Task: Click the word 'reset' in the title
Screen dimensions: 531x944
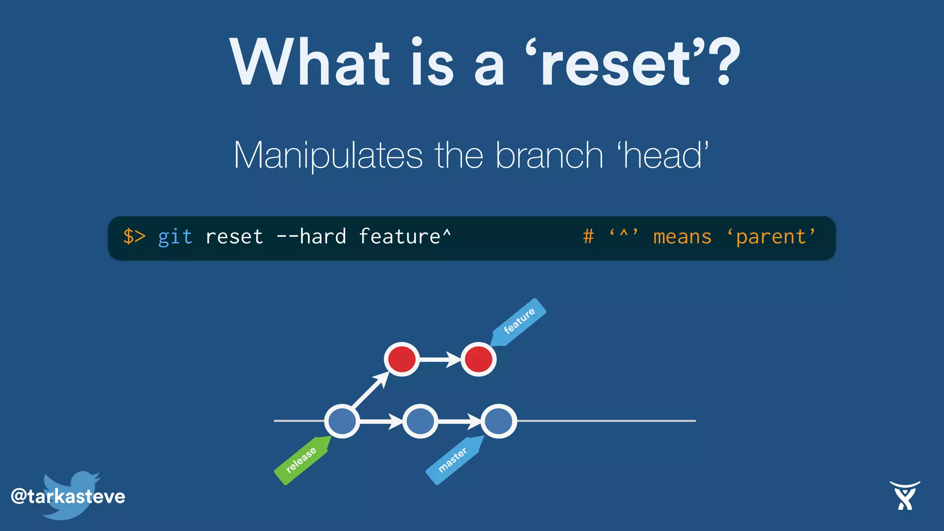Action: (x=616, y=63)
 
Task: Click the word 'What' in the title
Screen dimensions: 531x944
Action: (x=310, y=63)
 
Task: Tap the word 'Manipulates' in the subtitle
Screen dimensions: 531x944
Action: (x=328, y=156)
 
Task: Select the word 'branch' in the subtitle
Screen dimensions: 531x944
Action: (x=549, y=156)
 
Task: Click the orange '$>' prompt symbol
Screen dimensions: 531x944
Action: (x=134, y=236)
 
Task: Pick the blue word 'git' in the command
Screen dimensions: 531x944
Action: (x=175, y=237)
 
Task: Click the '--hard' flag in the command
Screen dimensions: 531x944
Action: (x=311, y=236)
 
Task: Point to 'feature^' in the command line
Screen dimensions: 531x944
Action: (x=405, y=236)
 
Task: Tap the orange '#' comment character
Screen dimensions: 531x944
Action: (x=588, y=236)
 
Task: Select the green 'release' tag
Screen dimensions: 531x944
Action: (x=301, y=460)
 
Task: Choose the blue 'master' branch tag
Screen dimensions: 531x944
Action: (x=453, y=460)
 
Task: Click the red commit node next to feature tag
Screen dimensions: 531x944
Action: (x=478, y=359)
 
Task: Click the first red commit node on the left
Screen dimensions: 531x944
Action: (x=402, y=359)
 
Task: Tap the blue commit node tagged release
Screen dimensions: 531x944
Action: (x=342, y=421)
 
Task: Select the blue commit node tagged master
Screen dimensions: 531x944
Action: (x=499, y=421)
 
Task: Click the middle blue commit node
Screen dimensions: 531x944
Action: (x=420, y=421)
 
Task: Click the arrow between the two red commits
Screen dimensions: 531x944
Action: (x=440, y=359)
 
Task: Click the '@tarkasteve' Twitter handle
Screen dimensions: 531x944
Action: (x=68, y=496)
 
